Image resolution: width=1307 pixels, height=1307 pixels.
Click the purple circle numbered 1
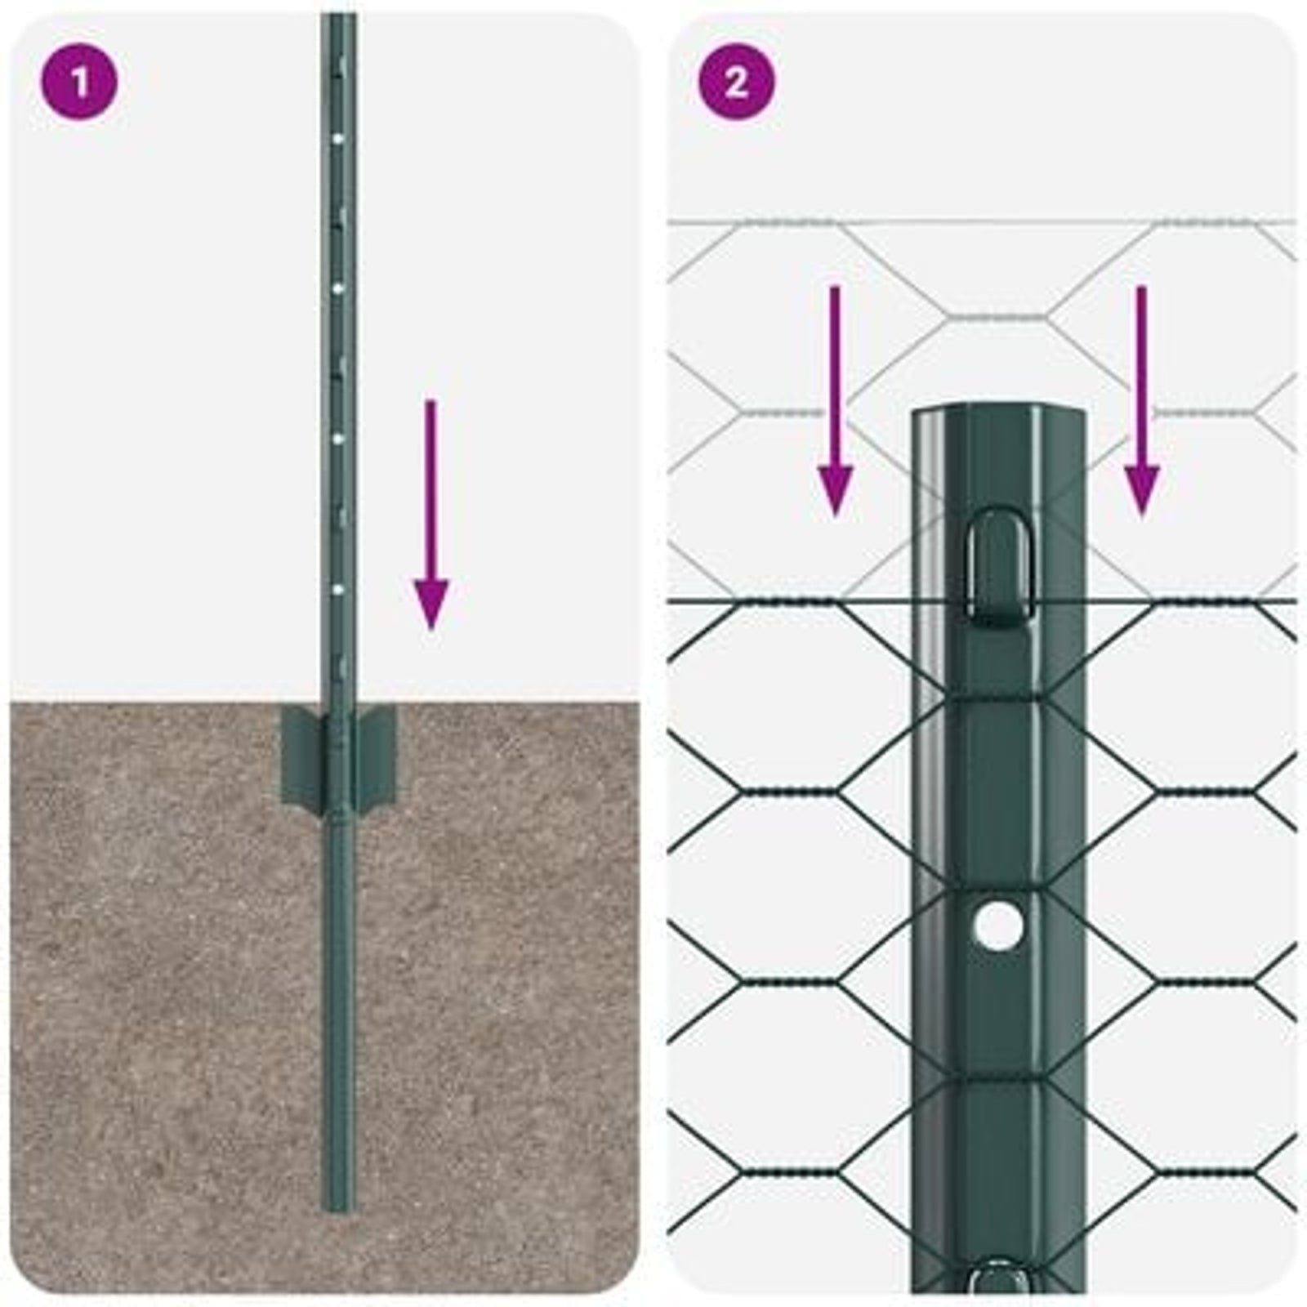click(x=79, y=82)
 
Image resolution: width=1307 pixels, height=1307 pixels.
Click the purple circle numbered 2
click(x=736, y=82)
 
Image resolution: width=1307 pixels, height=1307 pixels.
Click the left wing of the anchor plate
click(x=302, y=756)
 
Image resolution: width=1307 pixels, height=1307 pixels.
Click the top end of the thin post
click(x=337, y=18)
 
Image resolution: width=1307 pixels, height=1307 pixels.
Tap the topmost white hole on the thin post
click(x=338, y=140)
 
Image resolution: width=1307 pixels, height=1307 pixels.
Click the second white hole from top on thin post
click(x=338, y=288)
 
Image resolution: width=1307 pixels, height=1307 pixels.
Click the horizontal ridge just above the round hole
click(x=998, y=888)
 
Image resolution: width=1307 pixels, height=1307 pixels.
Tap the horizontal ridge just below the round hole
click(x=998, y=1080)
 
